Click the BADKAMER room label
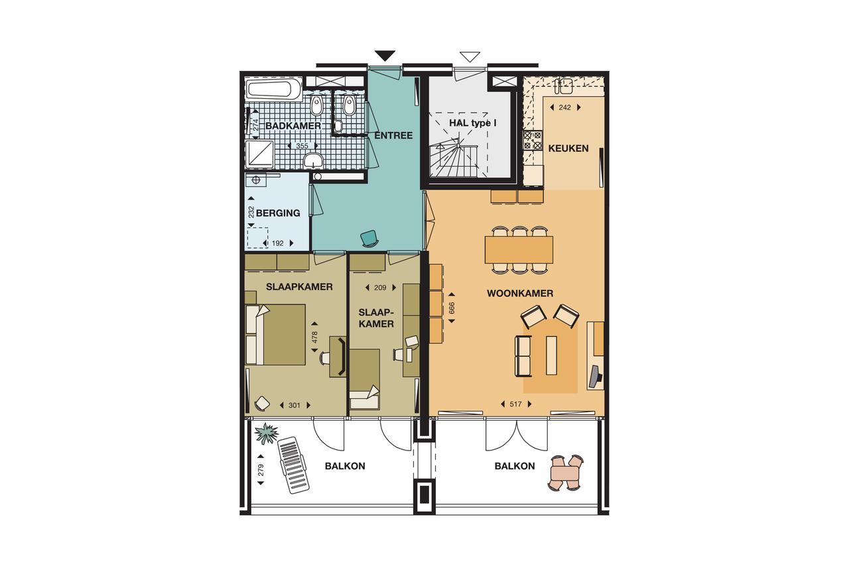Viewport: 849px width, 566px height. [293, 125]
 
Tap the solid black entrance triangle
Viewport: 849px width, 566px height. [385, 55]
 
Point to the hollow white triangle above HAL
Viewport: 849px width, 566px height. [470, 56]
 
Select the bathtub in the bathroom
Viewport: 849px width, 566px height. [273, 90]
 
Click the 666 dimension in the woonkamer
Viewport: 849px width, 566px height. [452, 308]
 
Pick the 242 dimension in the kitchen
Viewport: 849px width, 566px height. [564, 107]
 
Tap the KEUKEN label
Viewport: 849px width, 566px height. [568, 148]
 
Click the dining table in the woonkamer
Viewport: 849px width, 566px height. [519, 250]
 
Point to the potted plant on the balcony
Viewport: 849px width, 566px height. [267, 433]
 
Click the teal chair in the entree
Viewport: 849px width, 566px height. [369, 239]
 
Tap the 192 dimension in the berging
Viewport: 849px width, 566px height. [278, 243]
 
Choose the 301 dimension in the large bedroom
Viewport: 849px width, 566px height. [294, 405]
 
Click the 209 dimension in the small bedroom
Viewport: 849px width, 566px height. [380, 288]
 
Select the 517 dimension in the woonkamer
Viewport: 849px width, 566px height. [515, 404]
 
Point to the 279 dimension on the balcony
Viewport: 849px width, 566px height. [261, 470]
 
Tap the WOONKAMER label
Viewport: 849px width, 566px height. [519, 293]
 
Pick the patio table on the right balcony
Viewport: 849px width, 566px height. [564, 473]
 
